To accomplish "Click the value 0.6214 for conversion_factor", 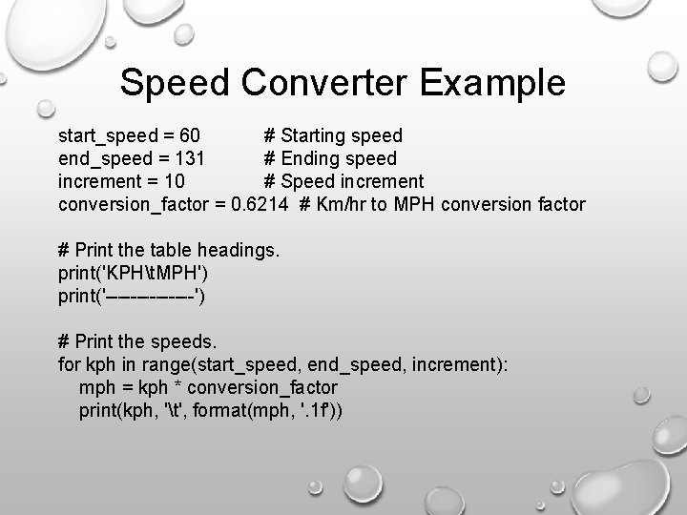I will (260, 204).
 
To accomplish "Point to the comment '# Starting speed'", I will (333, 135).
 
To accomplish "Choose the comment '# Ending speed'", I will (330, 158).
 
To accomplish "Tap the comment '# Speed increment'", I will (343, 181).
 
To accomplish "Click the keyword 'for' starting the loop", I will (69, 364).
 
